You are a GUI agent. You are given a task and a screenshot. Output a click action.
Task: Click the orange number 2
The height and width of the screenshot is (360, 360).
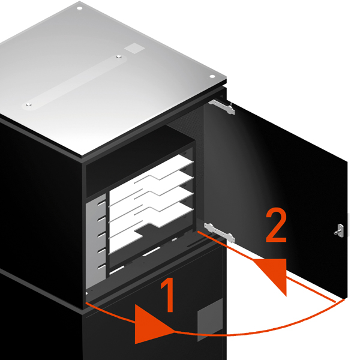pos(276,225)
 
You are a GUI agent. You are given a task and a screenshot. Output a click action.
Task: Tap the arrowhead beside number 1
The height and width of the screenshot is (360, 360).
pos(152,324)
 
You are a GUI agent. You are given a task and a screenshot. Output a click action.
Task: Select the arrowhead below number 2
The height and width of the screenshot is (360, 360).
pos(274,273)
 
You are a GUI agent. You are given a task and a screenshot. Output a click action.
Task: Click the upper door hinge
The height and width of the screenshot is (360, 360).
pos(222,106)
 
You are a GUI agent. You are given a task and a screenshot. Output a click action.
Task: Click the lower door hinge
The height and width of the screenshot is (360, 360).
pos(220,232)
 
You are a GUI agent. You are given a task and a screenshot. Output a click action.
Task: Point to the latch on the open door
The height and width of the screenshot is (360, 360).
pos(340,231)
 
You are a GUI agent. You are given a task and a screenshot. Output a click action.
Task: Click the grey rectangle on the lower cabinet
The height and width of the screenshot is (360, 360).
pos(211,319)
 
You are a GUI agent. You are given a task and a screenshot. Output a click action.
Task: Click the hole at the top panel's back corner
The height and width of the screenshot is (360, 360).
pos(79,8)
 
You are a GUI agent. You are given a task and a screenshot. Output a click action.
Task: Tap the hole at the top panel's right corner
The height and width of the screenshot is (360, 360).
pos(212,76)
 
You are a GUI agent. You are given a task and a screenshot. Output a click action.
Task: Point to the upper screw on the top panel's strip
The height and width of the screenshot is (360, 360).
pos(119,56)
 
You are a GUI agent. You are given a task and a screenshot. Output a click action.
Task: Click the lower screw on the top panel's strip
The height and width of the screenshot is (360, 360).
pos(28,104)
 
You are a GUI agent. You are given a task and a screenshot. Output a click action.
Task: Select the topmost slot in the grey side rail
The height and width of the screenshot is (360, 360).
pos(101,203)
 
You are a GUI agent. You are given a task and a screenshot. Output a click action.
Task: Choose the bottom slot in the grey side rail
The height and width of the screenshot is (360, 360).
pos(101,267)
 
